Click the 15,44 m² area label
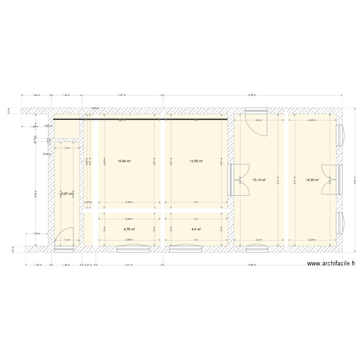pos(124,161)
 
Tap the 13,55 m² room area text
pos(196,161)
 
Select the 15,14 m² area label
pos(259,180)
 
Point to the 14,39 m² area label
pos(312,180)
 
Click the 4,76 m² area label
pos(129,229)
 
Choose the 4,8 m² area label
pos(196,229)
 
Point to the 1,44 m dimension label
pos(36,95)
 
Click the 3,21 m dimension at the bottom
pos(129,264)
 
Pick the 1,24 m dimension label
pos(36,264)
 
